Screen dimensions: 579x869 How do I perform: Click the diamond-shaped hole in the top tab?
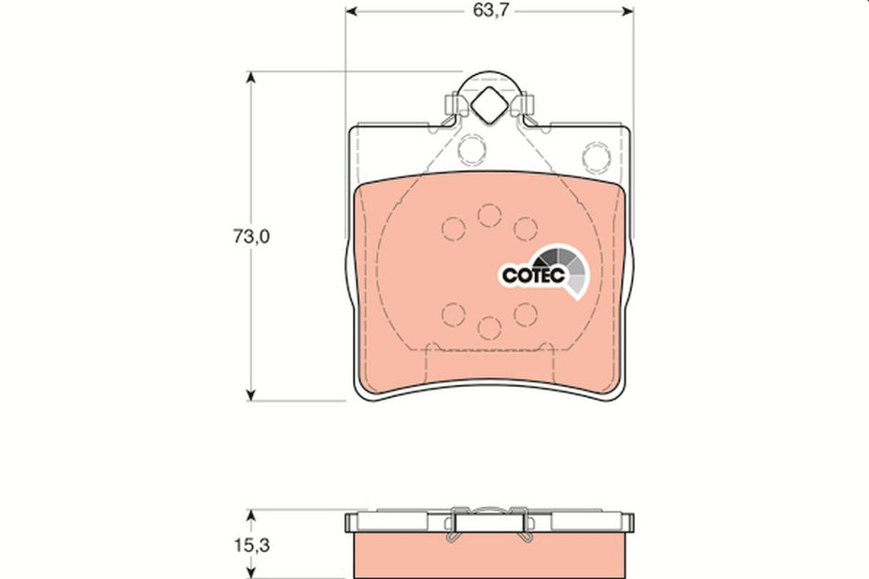(488, 108)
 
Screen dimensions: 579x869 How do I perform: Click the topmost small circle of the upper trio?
(488, 214)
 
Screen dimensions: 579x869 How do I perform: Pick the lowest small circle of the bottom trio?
(488, 328)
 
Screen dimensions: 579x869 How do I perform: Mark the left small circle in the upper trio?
(452, 228)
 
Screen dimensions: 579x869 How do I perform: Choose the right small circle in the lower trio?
(524, 314)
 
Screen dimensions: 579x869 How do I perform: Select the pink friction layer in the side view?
(489, 555)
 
